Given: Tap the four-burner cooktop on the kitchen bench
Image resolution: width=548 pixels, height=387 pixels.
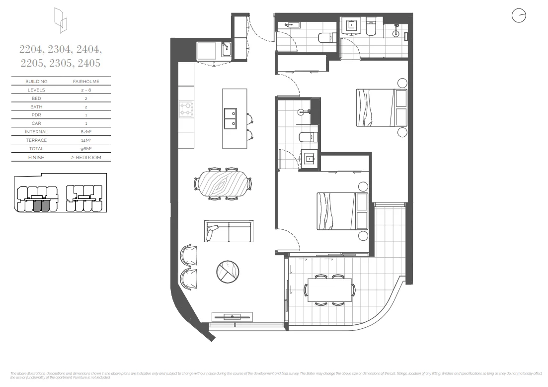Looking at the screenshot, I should pos(186,109).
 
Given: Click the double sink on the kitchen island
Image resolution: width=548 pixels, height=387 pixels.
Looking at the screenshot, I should pos(230,118).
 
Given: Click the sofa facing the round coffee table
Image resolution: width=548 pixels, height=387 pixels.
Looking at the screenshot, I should pos(228,231).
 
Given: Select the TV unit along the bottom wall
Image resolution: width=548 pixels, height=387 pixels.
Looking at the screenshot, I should pos(232,316).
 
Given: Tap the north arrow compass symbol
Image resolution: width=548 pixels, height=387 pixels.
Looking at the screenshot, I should pos(518,16).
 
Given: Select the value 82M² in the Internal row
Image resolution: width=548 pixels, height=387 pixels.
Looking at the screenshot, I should pos(85,132).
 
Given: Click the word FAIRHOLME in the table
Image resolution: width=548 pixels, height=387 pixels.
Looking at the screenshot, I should pos(85,82).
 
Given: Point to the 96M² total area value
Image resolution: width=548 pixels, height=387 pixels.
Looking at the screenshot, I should pos(85,149).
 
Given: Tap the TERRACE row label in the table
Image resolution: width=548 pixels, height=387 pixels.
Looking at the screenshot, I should pos(36,140).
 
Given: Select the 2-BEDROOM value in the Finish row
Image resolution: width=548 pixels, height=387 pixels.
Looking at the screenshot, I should pos(85,157).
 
